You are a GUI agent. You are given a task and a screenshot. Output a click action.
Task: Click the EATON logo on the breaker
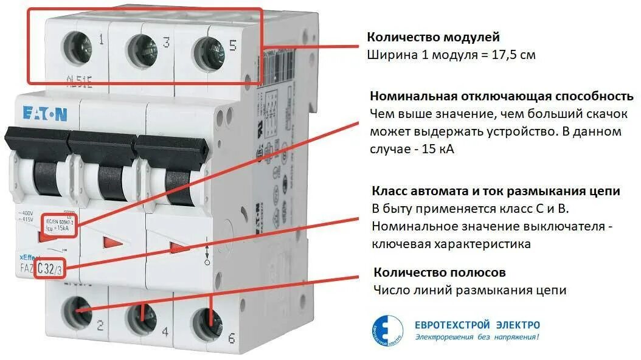point(46,114)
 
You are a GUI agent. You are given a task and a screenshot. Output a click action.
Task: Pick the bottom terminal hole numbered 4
point(140,315)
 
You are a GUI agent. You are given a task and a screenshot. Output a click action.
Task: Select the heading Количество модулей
point(433,37)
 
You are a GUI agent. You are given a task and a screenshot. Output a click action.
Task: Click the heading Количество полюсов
point(440,272)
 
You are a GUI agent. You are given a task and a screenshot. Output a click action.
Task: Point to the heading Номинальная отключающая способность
point(502,96)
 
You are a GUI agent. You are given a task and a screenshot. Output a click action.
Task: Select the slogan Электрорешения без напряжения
point(477,337)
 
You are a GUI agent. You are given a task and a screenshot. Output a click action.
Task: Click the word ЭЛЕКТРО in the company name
point(515,325)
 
